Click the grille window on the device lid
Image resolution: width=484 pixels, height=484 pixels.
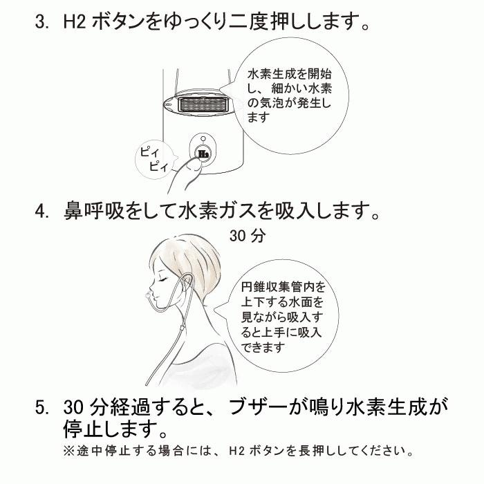pyautogui.click(x=203, y=105)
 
